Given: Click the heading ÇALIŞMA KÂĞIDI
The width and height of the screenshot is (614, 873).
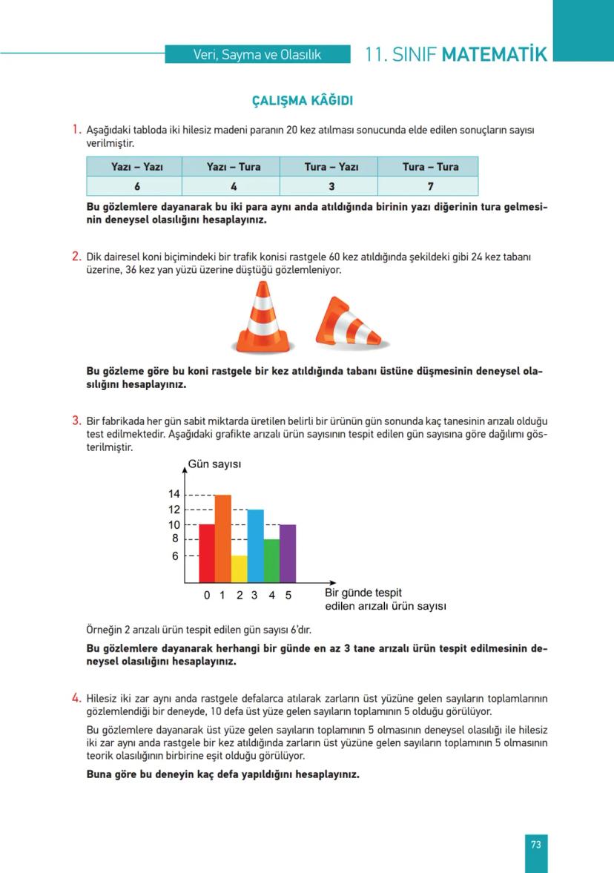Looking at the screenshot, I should tap(307, 100).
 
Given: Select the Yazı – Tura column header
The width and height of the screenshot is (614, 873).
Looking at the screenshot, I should tap(234, 167).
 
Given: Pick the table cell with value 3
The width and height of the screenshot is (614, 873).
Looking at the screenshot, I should tap(331, 186).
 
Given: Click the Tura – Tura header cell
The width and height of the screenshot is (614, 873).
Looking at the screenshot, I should tap(430, 167).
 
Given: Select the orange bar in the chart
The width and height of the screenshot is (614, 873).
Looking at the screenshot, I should tap(223, 538).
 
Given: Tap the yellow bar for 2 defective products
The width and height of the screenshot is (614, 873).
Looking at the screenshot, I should tap(239, 568).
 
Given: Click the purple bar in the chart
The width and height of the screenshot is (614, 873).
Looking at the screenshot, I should tap(288, 553).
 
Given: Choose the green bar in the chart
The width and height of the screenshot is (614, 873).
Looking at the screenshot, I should tap(271, 560).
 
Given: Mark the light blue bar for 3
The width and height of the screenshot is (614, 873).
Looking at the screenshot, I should tap(255, 545).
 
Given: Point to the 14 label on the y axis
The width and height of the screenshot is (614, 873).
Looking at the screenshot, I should tap(174, 494).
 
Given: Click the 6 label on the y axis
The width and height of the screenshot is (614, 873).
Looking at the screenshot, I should tap(176, 556).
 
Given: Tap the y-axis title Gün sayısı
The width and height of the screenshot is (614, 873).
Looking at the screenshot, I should tap(214, 465).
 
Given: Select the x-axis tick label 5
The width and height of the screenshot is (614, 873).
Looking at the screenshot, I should tap(288, 595).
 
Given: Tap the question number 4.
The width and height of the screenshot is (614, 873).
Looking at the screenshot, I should tap(76, 697).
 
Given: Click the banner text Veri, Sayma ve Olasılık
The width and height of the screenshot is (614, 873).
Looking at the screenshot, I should tap(257, 55).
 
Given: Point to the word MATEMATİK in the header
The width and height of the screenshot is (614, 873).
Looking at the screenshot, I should tap(494, 55).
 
